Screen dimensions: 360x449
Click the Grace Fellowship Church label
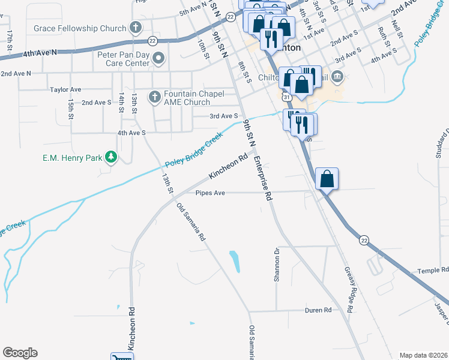(80, 28)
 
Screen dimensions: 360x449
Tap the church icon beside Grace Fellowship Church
(136, 28)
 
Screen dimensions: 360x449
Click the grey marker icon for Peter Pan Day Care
(159, 58)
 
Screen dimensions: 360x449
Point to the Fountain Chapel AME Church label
(194, 98)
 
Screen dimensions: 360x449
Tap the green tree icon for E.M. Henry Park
(110, 157)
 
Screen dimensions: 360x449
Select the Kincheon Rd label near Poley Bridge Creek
(228, 167)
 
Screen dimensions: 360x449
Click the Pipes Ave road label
(210, 193)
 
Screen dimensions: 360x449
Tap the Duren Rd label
(318, 310)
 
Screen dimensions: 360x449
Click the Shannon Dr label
(277, 265)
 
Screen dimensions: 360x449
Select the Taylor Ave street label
(65, 89)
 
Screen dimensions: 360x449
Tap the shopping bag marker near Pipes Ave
(326, 179)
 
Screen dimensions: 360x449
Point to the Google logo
(20, 353)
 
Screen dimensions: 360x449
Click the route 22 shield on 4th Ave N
(153, 41)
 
